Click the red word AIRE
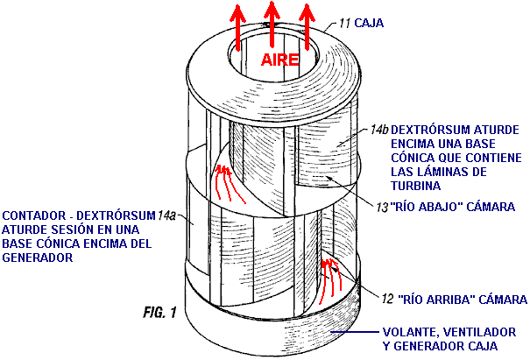tap(279, 60)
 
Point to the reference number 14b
tap(378, 128)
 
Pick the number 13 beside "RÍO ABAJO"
tap(381, 207)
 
